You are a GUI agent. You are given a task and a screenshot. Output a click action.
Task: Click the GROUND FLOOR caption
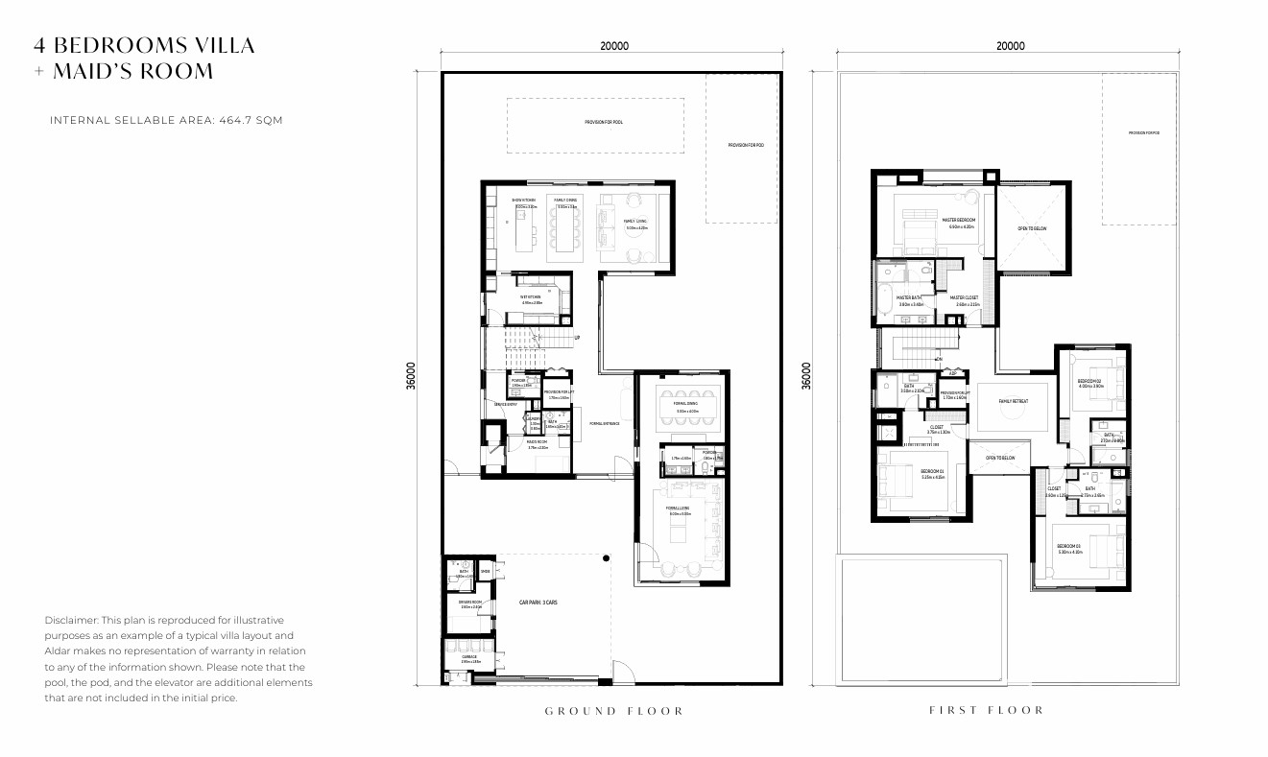point(614,711)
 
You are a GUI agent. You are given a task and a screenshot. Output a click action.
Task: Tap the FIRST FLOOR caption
point(987,710)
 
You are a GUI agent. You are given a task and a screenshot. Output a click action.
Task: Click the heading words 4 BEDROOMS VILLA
point(144,45)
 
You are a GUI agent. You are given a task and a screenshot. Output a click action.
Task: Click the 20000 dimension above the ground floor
point(614,46)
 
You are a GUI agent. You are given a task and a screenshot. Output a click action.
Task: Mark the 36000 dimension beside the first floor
point(806,375)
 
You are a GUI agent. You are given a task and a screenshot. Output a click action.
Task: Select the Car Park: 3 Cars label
point(539,603)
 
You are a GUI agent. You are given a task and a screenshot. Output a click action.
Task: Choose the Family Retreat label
point(1013,402)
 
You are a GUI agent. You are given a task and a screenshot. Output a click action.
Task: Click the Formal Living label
point(678,509)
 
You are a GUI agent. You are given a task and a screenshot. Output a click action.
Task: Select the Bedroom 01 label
point(932,471)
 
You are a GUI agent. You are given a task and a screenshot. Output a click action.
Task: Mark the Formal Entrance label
point(604,423)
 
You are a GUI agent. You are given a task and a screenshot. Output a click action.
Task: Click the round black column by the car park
point(606,557)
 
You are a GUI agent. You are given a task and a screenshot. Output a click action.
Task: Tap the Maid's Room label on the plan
point(538,441)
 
